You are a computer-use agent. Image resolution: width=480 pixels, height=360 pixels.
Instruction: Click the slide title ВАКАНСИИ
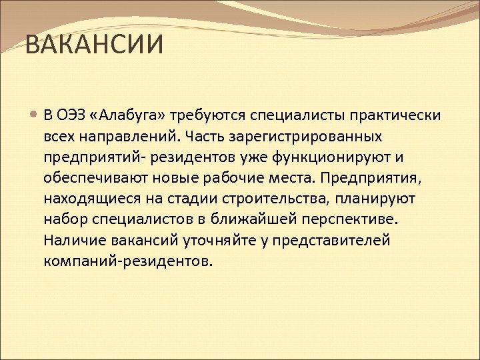(x=93, y=47)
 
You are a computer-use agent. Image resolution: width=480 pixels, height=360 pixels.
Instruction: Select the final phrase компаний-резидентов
(x=128, y=261)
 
